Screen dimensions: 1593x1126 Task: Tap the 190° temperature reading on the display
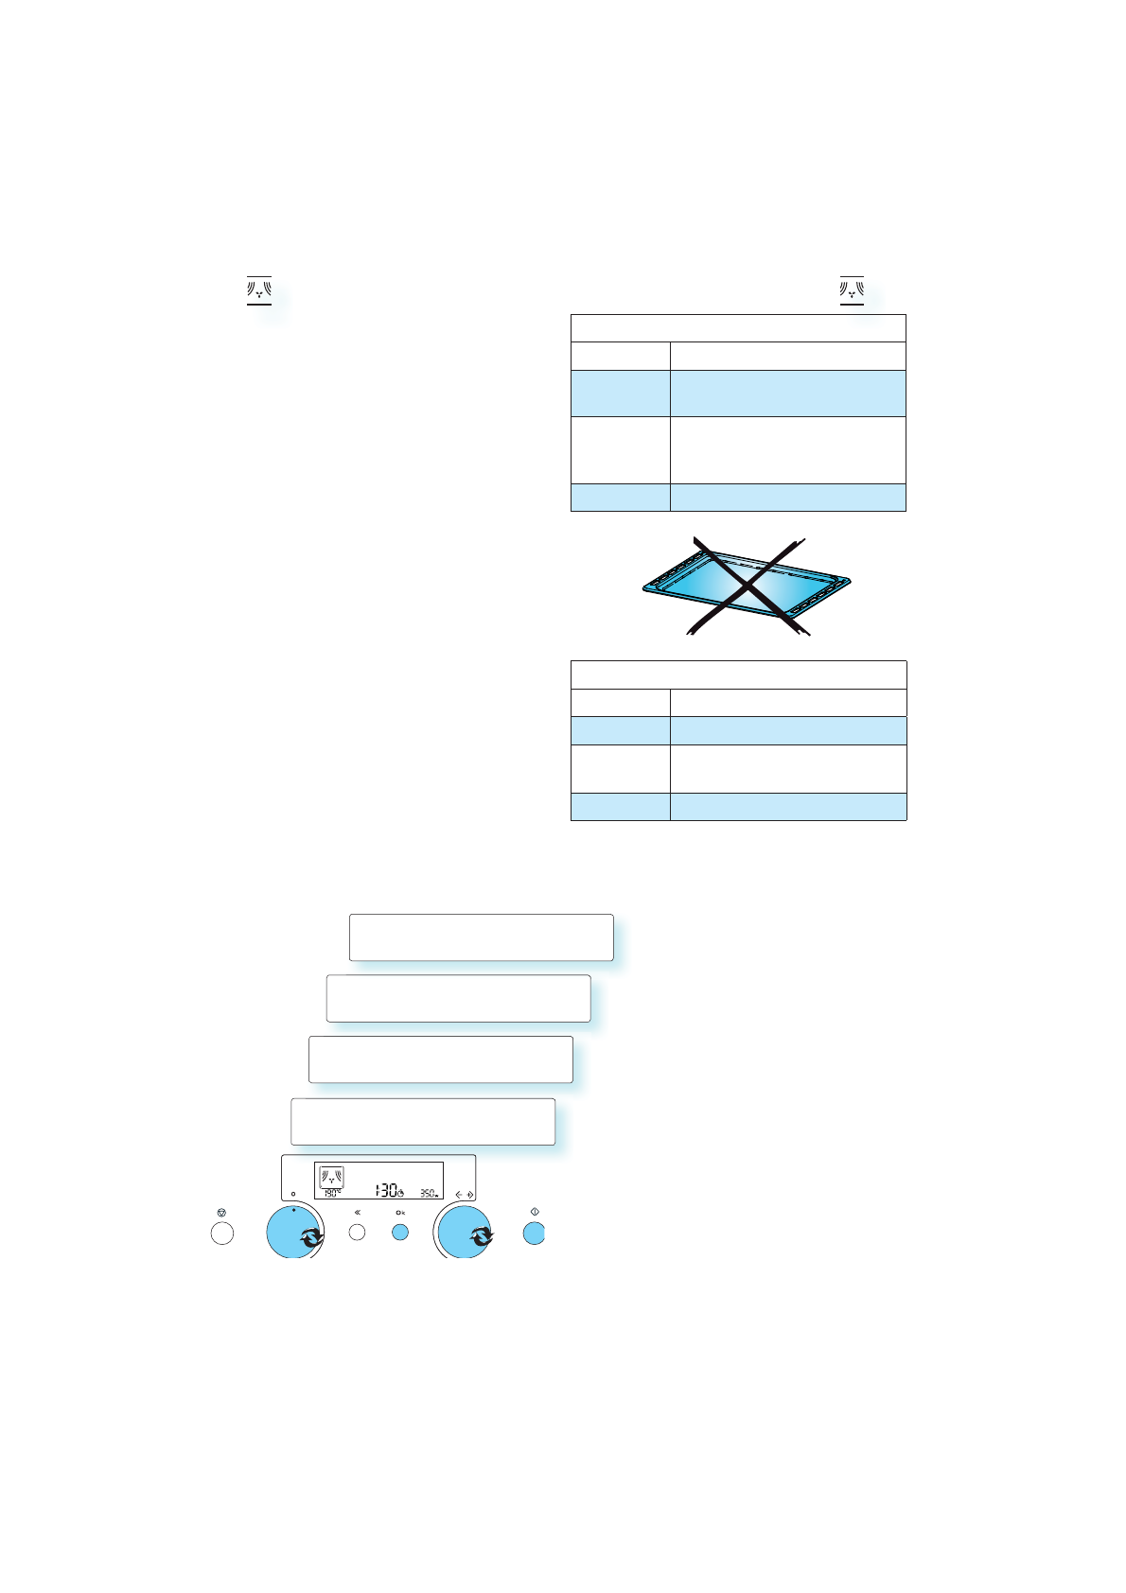tap(330, 1194)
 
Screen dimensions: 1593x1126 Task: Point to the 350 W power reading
tap(429, 1194)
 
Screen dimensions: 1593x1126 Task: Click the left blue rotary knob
tap(294, 1233)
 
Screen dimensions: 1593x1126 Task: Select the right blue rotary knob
tap(464, 1233)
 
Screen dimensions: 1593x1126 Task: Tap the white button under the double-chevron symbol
tap(357, 1233)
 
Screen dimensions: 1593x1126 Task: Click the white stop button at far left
tap(221, 1233)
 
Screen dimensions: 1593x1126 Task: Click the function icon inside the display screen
tap(331, 1178)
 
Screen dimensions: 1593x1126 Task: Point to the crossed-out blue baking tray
tap(747, 587)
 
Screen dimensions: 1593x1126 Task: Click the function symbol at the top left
tap(259, 289)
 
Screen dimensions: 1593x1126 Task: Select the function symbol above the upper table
tap(852, 289)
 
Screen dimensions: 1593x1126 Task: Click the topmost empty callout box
tap(481, 937)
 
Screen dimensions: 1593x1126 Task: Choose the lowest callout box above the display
tap(422, 1122)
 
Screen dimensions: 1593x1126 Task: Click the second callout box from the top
tap(458, 998)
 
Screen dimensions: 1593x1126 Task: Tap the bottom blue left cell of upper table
tap(620, 498)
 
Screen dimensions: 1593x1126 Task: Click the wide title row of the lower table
tap(738, 675)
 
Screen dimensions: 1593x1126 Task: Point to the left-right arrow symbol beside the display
tap(463, 1194)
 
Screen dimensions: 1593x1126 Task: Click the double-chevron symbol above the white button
tap(357, 1212)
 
